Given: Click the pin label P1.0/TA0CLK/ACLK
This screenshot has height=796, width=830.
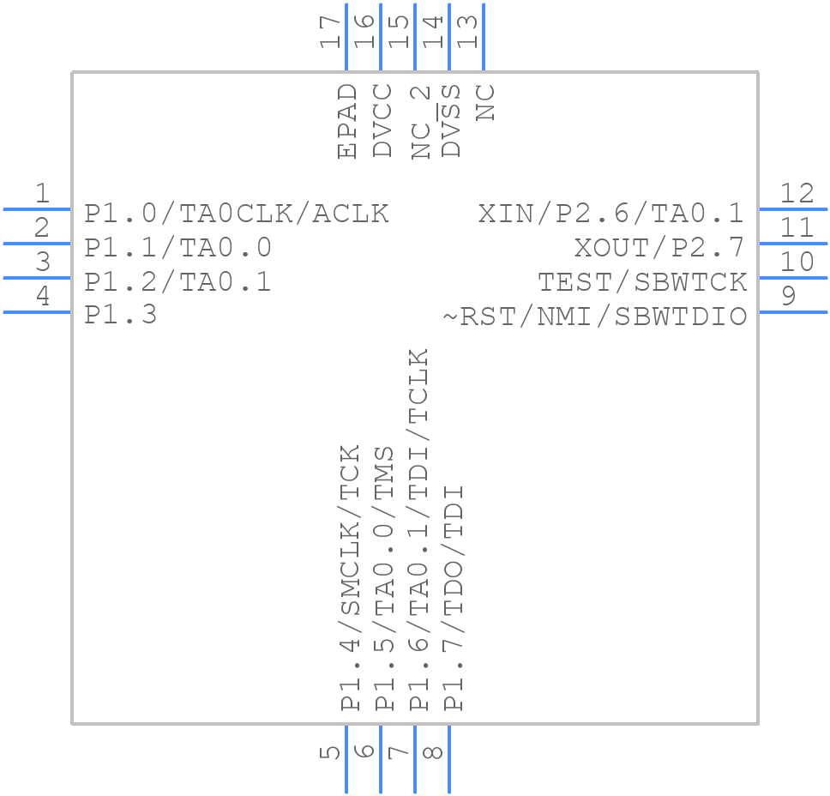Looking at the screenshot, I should click(x=237, y=214).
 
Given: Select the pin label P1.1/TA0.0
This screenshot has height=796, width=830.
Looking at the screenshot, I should click(x=178, y=248).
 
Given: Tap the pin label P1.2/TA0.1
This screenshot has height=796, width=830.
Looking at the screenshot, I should click(x=178, y=282).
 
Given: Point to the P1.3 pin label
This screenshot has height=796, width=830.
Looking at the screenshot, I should click(x=121, y=316).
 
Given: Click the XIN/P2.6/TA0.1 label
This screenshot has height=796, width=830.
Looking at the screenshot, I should click(x=610, y=214).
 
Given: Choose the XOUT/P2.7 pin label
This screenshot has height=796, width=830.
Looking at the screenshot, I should click(x=659, y=248).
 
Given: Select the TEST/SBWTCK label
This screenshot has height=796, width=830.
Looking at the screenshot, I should click(x=642, y=282).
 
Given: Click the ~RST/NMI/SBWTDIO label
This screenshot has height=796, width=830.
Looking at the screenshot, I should click(x=594, y=317).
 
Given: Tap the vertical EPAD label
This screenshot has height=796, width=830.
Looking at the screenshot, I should click(x=346, y=121).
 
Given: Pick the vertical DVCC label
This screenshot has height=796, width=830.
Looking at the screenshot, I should click(x=382, y=121).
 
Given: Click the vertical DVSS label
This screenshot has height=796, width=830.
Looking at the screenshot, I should click(x=451, y=121).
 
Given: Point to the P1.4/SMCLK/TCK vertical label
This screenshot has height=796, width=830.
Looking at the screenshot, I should click(x=350, y=578).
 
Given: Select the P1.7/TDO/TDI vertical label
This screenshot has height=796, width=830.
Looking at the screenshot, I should click(x=453, y=598).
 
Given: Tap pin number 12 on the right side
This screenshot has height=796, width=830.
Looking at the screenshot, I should click(x=797, y=194).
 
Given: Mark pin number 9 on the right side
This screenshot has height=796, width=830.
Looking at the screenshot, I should click(x=789, y=297).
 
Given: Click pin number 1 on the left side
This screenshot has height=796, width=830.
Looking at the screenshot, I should click(x=42, y=194).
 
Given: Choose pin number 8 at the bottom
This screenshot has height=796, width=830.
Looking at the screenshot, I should click(x=434, y=751).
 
